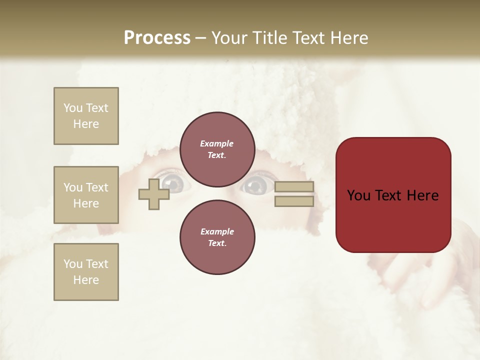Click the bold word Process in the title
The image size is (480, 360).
(x=157, y=38)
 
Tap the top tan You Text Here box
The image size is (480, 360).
(x=86, y=116)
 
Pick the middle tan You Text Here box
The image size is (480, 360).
(x=86, y=195)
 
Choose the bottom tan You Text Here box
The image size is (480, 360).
(x=86, y=272)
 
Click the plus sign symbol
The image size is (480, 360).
(x=154, y=194)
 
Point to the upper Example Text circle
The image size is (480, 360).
(x=217, y=149)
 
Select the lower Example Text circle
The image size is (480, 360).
(x=217, y=237)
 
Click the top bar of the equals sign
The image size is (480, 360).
(x=294, y=187)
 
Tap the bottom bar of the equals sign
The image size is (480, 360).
(x=294, y=201)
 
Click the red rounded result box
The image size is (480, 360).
(x=393, y=195)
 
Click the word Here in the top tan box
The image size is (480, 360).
(x=86, y=124)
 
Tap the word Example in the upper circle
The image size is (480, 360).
(x=217, y=143)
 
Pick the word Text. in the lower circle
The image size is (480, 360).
(x=217, y=243)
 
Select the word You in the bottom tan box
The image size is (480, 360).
(x=73, y=264)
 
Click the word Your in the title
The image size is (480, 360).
(x=229, y=38)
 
